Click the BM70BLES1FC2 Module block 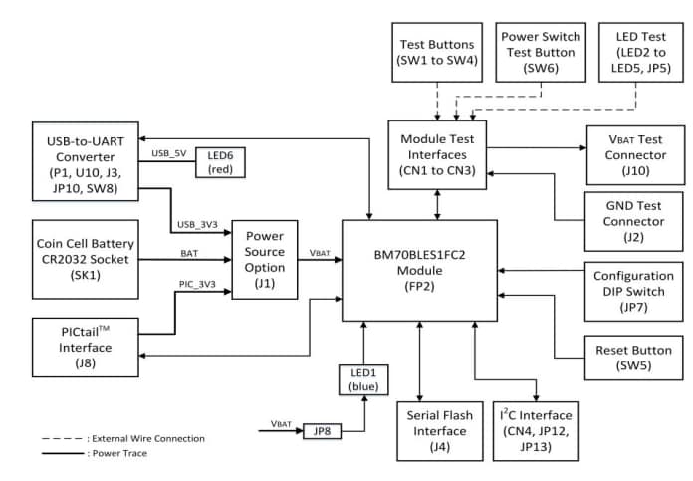tap(419, 270)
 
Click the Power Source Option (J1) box tap(264, 258)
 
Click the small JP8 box tap(322, 430)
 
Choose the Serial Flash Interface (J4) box tap(439, 430)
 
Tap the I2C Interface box tap(536, 430)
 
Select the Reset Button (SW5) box tap(633, 358)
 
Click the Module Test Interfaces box tap(438, 149)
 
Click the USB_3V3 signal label tap(196, 225)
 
